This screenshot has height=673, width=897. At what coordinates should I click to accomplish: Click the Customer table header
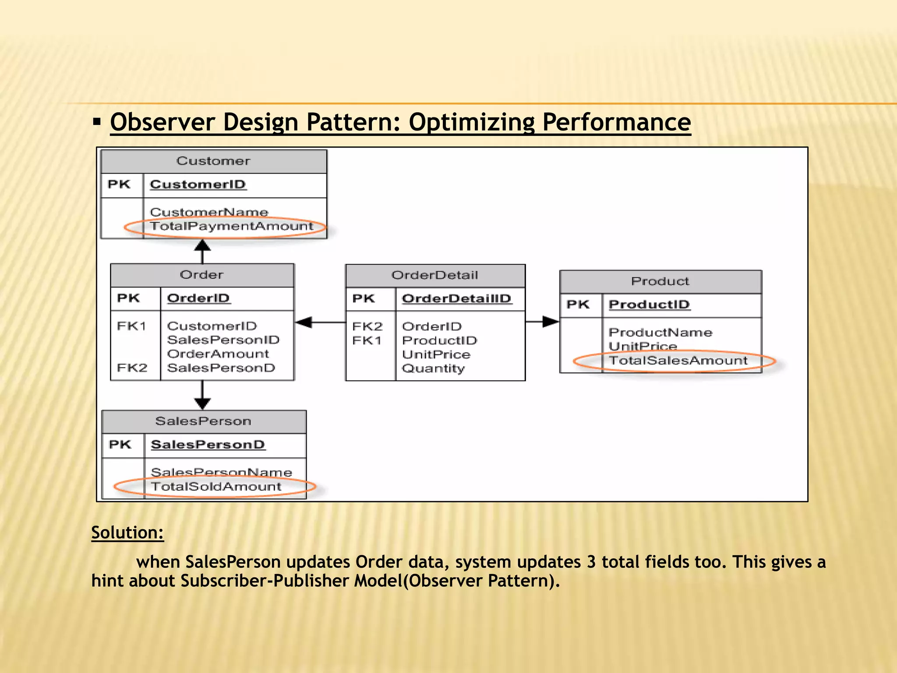pyautogui.click(x=213, y=161)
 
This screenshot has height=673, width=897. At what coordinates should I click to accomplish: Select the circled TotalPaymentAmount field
pyautogui.click(x=231, y=227)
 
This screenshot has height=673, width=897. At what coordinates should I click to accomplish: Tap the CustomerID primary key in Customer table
pyautogui.click(x=198, y=184)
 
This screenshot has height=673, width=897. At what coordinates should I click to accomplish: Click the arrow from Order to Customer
pyautogui.click(x=202, y=251)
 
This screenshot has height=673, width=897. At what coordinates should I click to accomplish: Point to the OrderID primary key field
pyautogui.click(x=198, y=298)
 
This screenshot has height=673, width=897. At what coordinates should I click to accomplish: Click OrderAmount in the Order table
pyautogui.click(x=218, y=354)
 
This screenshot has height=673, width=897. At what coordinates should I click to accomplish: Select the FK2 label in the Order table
pyautogui.click(x=132, y=368)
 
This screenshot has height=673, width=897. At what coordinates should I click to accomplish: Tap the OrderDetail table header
pyautogui.click(x=434, y=275)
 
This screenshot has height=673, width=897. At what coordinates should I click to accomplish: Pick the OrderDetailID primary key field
pyautogui.click(x=456, y=299)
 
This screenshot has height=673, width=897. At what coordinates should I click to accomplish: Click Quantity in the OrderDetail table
pyautogui.click(x=433, y=368)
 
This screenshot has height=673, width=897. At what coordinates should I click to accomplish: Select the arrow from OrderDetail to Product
pyautogui.click(x=542, y=322)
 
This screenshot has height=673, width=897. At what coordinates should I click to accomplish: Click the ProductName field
pyautogui.click(x=660, y=333)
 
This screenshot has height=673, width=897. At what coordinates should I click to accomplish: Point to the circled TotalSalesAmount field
pyautogui.click(x=678, y=361)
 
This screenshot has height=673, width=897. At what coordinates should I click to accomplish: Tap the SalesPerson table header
pyautogui.click(x=203, y=422)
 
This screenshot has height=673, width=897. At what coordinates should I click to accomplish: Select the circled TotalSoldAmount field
pyautogui.click(x=216, y=487)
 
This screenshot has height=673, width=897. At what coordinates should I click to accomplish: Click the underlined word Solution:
pyautogui.click(x=127, y=533)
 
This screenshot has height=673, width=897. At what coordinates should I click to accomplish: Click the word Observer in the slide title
pyautogui.click(x=162, y=122)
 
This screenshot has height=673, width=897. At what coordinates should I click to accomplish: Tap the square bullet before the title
pyautogui.click(x=97, y=121)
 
